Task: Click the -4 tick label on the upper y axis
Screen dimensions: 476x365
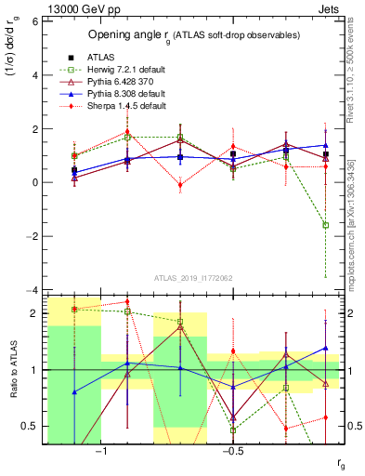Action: pyautogui.click(x=32, y=290)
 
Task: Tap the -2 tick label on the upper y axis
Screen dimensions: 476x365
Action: pyautogui.click(x=32, y=236)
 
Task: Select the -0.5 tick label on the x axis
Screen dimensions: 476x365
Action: pyautogui.click(x=232, y=451)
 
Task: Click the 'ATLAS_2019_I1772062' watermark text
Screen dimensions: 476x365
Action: pyautogui.click(x=192, y=278)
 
